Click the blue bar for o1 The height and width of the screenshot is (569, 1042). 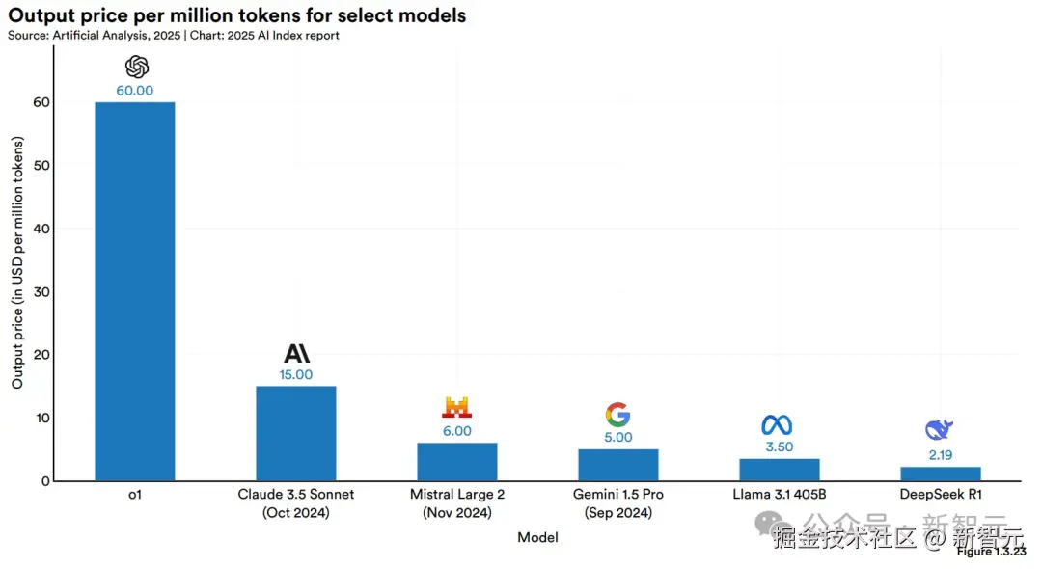pos(134,290)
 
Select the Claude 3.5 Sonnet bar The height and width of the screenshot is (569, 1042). pos(295,433)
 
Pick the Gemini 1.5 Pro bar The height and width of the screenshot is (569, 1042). pos(618,465)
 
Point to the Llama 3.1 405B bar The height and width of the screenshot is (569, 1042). pos(779,470)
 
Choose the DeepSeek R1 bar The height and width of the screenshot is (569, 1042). pos(940,474)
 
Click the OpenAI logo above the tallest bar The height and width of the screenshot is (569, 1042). pos(136,67)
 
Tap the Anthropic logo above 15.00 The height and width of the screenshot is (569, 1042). pos(296,353)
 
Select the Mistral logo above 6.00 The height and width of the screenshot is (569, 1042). pos(456,407)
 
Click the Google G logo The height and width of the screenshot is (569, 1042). pos(617,415)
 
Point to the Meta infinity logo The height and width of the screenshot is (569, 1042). pos(777,424)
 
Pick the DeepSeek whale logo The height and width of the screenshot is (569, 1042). pos(939,430)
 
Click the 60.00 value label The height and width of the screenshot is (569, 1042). pos(135,91)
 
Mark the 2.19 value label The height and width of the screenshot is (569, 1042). pos(940,453)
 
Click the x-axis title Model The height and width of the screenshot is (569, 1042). pos(537,537)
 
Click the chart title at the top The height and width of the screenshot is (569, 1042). pos(237,15)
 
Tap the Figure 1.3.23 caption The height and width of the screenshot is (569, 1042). pos(991,552)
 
